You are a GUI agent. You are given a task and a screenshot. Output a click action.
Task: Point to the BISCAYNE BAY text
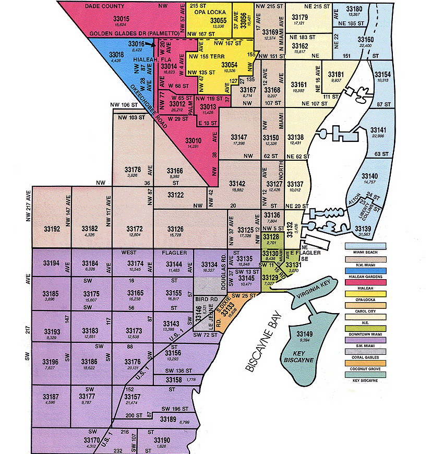265,343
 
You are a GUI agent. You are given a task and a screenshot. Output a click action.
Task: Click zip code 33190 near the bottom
161,440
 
